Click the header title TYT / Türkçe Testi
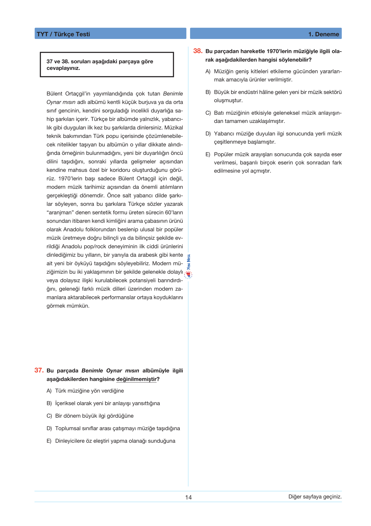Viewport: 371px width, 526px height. [x=63, y=34]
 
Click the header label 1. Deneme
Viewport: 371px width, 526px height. [x=323, y=34]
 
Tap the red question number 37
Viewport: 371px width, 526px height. [x=39, y=370]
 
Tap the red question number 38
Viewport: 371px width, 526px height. [x=198, y=51]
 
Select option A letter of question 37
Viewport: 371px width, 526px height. [x=49, y=391]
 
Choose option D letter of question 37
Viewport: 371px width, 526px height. [x=49, y=429]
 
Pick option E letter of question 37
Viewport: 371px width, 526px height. [x=49, y=441]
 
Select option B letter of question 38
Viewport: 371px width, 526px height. [x=208, y=92]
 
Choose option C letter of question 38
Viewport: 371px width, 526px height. [x=208, y=113]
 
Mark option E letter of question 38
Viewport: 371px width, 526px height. [x=208, y=155]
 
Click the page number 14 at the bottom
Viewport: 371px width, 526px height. [x=189, y=497]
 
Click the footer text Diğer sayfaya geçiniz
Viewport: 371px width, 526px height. [x=315, y=497]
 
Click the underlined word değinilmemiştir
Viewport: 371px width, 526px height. [x=136, y=379]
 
